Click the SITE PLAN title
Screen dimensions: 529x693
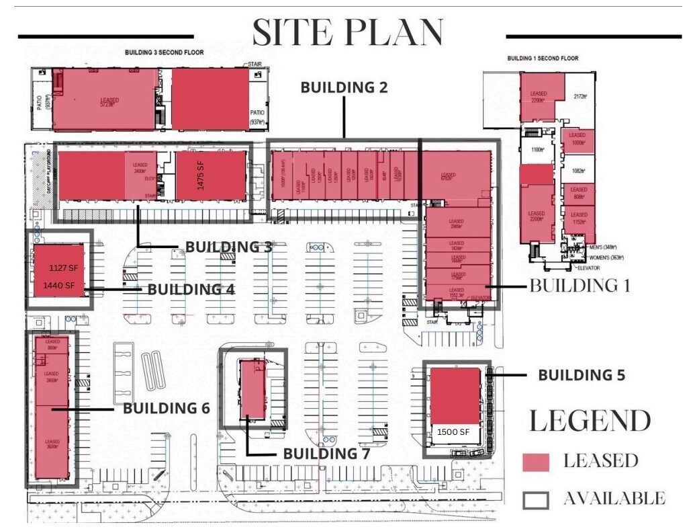(348, 32)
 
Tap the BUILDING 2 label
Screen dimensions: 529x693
(343, 87)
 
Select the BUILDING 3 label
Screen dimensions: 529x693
(228, 247)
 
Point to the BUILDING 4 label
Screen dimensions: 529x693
(191, 289)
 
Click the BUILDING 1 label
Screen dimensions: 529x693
(580, 285)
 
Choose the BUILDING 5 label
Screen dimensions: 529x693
(582, 374)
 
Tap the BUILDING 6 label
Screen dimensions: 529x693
(166, 408)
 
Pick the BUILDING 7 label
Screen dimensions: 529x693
(326, 454)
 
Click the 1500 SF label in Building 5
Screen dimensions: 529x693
(453, 432)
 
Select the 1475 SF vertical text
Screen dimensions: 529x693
(200, 176)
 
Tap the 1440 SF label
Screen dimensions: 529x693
(59, 286)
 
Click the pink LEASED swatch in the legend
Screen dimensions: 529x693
(536, 462)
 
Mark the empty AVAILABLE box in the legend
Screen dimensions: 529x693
(536, 499)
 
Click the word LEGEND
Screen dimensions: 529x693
(590, 421)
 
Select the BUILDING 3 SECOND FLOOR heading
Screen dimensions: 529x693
(165, 52)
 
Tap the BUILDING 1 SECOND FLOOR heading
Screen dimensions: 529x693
(543, 58)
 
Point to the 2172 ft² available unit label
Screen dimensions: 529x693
(580, 96)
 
